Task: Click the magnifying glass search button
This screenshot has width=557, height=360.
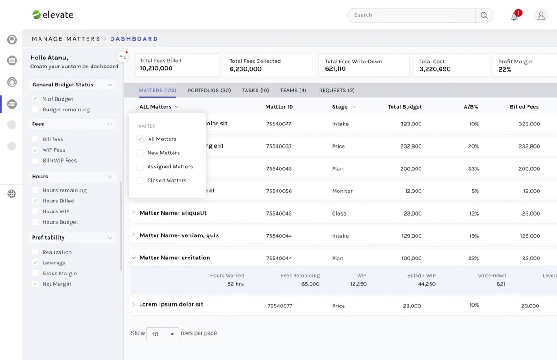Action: point(484,15)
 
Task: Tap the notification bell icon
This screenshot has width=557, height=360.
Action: point(514,17)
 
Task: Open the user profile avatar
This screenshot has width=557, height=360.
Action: point(541,15)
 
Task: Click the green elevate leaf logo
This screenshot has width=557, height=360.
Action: point(36,14)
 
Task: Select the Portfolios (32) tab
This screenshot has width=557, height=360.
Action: point(209,91)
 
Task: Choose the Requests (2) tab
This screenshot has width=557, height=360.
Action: point(337,91)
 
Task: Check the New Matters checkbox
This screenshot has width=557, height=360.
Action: point(140,153)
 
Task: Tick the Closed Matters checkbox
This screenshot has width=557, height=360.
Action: point(140,180)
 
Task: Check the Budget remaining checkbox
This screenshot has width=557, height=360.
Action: point(35,110)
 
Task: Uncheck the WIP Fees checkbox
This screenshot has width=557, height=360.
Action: point(35,150)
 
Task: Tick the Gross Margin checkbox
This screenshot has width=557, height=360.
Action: point(35,273)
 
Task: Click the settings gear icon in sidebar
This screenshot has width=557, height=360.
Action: point(11,193)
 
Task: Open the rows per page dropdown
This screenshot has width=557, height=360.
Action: point(163,334)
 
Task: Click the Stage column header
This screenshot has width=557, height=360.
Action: point(339,107)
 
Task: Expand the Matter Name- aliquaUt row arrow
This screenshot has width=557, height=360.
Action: point(134,212)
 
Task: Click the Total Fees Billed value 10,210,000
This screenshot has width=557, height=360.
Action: point(156,68)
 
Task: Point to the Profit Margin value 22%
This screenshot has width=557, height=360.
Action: point(504,70)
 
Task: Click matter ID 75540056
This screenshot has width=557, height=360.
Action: point(279,191)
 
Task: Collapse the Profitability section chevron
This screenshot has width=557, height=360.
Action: point(110,238)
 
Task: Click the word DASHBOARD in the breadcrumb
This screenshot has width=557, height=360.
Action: point(134,39)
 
